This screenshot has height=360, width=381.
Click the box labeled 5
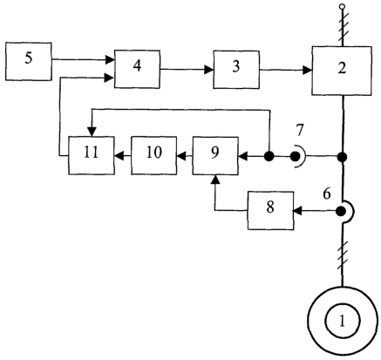pyautogui.click(x=29, y=61)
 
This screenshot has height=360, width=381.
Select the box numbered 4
pyautogui.click(x=137, y=69)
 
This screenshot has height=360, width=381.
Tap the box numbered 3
pyautogui.click(x=236, y=70)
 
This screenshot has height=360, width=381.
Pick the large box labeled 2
pyautogui.click(x=342, y=71)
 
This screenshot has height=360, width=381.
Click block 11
pyautogui.click(x=92, y=155)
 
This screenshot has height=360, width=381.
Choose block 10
pyautogui.click(x=153, y=155)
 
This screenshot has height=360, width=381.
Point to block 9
pyautogui.click(x=215, y=155)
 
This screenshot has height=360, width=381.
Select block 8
pyautogui.click(x=270, y=211)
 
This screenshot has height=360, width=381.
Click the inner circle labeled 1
pyautogui.click(x=343, y=321)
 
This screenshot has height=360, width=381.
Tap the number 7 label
pyautogui.click(x=299, y=130)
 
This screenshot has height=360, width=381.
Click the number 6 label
pyautogui.click(x=327, y=194)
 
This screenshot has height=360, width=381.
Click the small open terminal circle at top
pyautogui.click(x=343, y=6)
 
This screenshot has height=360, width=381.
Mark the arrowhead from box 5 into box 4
pyautogui.click(x=110, y=59)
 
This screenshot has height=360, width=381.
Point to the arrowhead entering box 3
pyautogui.click(x=208, y=70)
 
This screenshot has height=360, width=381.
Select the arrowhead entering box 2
pyautogui.click(x=307, y=70)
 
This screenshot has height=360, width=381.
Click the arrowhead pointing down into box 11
pyautogui.click(x=92, y=132)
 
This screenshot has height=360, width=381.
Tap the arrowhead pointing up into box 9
pyautogui.click(x=215, y=180)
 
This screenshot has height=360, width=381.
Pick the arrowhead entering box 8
pyautogui.click(x=298, y=211)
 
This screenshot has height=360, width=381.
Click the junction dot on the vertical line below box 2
pyautogui.click(x=343, y=157)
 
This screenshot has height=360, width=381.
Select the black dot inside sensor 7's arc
pyautogui.click(x=295, y=157)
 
